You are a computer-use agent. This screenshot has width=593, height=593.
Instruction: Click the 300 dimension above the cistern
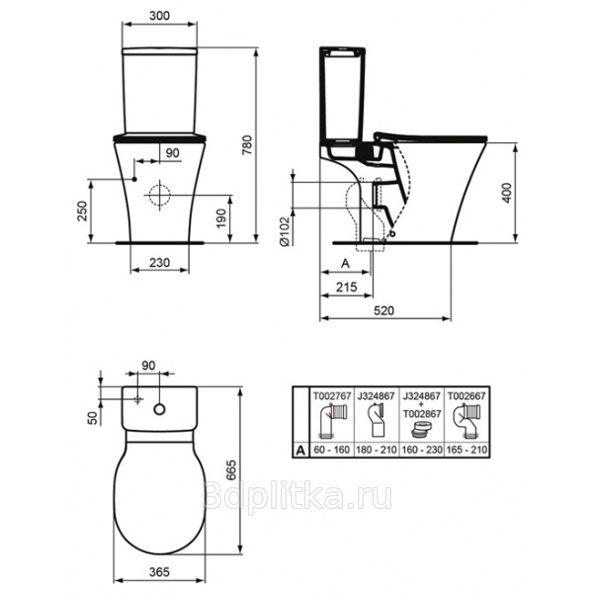coord(159,16)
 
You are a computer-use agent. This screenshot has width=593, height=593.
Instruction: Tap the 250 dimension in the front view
coord(82,212)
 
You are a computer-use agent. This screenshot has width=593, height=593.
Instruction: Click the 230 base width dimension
coord(159,262)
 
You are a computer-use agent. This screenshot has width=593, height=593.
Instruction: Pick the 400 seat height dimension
coord(507,193)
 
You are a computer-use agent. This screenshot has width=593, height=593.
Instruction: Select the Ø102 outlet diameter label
coord(285,231)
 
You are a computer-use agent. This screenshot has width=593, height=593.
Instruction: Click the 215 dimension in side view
coord(347,287)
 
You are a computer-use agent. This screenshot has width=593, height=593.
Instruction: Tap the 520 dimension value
coord(384,310)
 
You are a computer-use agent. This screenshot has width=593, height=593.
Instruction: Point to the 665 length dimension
coord(230,470)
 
